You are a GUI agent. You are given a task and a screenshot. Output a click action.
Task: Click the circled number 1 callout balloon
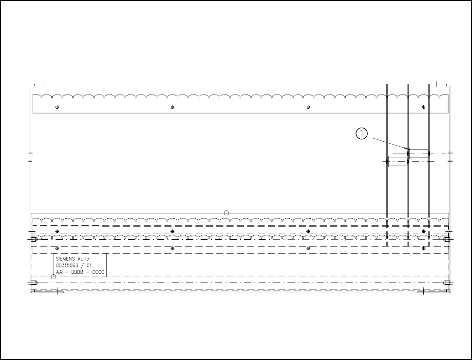click(361, 133)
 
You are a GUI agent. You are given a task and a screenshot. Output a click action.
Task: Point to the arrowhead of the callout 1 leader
click(406, 148)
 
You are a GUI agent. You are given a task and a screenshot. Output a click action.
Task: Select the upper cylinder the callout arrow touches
click(418, 154)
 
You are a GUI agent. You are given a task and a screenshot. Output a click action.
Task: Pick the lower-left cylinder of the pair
click(397, 161)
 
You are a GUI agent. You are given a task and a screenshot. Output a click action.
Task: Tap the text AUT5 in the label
click(85, 259)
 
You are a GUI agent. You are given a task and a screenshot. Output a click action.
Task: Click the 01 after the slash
click(89, 265)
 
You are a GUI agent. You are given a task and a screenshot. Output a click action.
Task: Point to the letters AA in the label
click(59, 272)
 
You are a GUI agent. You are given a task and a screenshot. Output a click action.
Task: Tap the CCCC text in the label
click(98, 272)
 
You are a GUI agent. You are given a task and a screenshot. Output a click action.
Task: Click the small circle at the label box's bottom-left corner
click(54, 277)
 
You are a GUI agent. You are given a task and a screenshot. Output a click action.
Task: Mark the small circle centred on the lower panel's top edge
click(226, 212)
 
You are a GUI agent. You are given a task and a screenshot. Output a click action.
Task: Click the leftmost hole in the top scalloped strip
click(57, 107)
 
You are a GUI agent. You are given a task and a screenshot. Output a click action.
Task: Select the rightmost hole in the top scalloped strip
click(423, 107)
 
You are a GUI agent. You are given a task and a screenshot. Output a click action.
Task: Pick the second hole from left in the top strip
click(172, 107)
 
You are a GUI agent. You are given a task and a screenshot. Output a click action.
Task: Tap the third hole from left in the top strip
click(308, 107)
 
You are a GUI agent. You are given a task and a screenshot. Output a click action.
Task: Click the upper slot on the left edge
click(33, 239)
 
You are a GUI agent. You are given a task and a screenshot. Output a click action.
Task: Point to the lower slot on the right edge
click(446, 283)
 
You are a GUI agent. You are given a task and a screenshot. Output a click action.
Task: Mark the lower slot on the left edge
click(33, 283)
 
